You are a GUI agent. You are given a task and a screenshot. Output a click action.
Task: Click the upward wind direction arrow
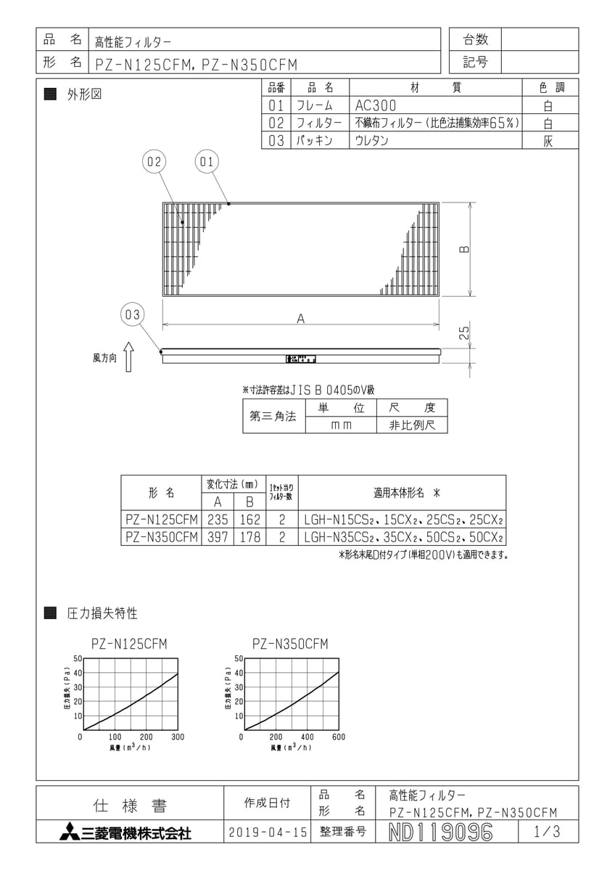point(128,358)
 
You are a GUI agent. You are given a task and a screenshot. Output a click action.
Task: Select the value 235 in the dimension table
point(217,520)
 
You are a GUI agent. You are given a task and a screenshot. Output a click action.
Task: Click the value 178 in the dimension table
point(249,537)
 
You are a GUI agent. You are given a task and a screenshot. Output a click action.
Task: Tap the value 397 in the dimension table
point(217,537)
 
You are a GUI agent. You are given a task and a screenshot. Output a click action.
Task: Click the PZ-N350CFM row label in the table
point(160,537)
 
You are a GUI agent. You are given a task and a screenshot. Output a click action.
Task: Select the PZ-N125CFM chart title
point(130,644)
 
